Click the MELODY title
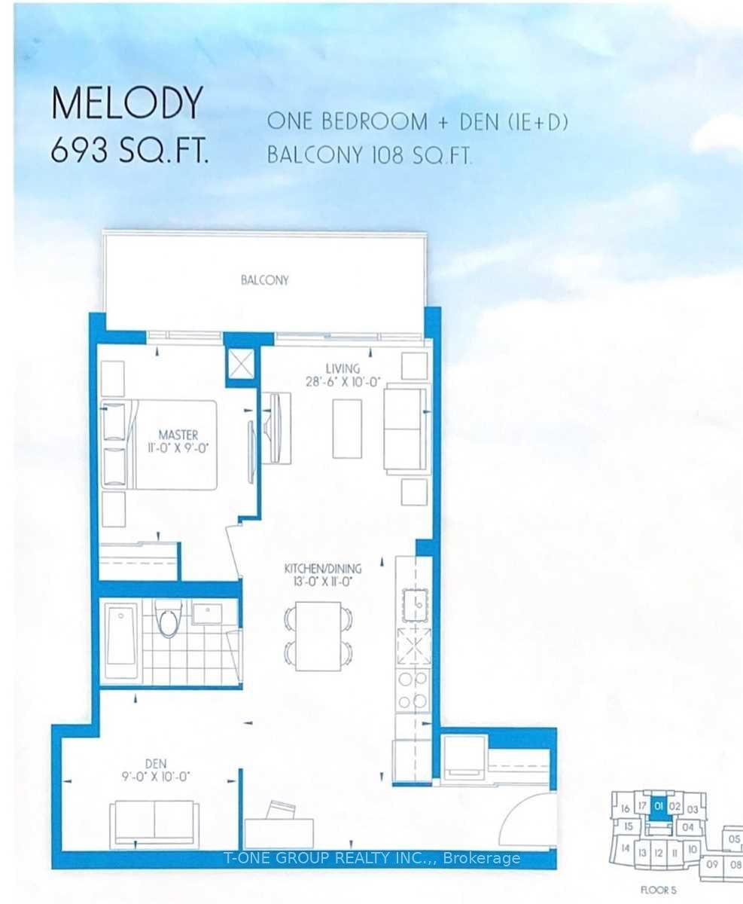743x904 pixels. pyautogui.click(x=126, y=103)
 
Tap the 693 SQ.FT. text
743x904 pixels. pyautogui.click(x=129, y=151)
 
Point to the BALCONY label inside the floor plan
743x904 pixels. pyautogui.click(x=265, y=280)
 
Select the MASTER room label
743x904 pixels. pyautogui.click(x=178, y=435)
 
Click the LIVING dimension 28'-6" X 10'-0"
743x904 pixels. pyautogui.click(x=343, y=382)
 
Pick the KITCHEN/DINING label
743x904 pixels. pyautogui.click(x=323, y=569)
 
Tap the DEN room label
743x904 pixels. pyautogui.click(x=156, y=763)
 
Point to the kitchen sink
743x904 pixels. pyautogui.click(x=415, y=605)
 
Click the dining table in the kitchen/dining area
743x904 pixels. pyautogui.click(x=318, y=636)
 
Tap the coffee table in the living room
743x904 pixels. pyautogui.click(x=347, y=429)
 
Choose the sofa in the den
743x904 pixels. pyautogui.click(x=154, y=825)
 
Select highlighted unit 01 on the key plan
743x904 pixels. pyautogui.click(x=659, y=807)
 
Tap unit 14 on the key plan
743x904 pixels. pyautogui.click(x=626, y=848)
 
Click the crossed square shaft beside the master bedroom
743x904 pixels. pyautogui.click(x=240, y=364)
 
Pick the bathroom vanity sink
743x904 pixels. pyautogui.click(x=207, y=613)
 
